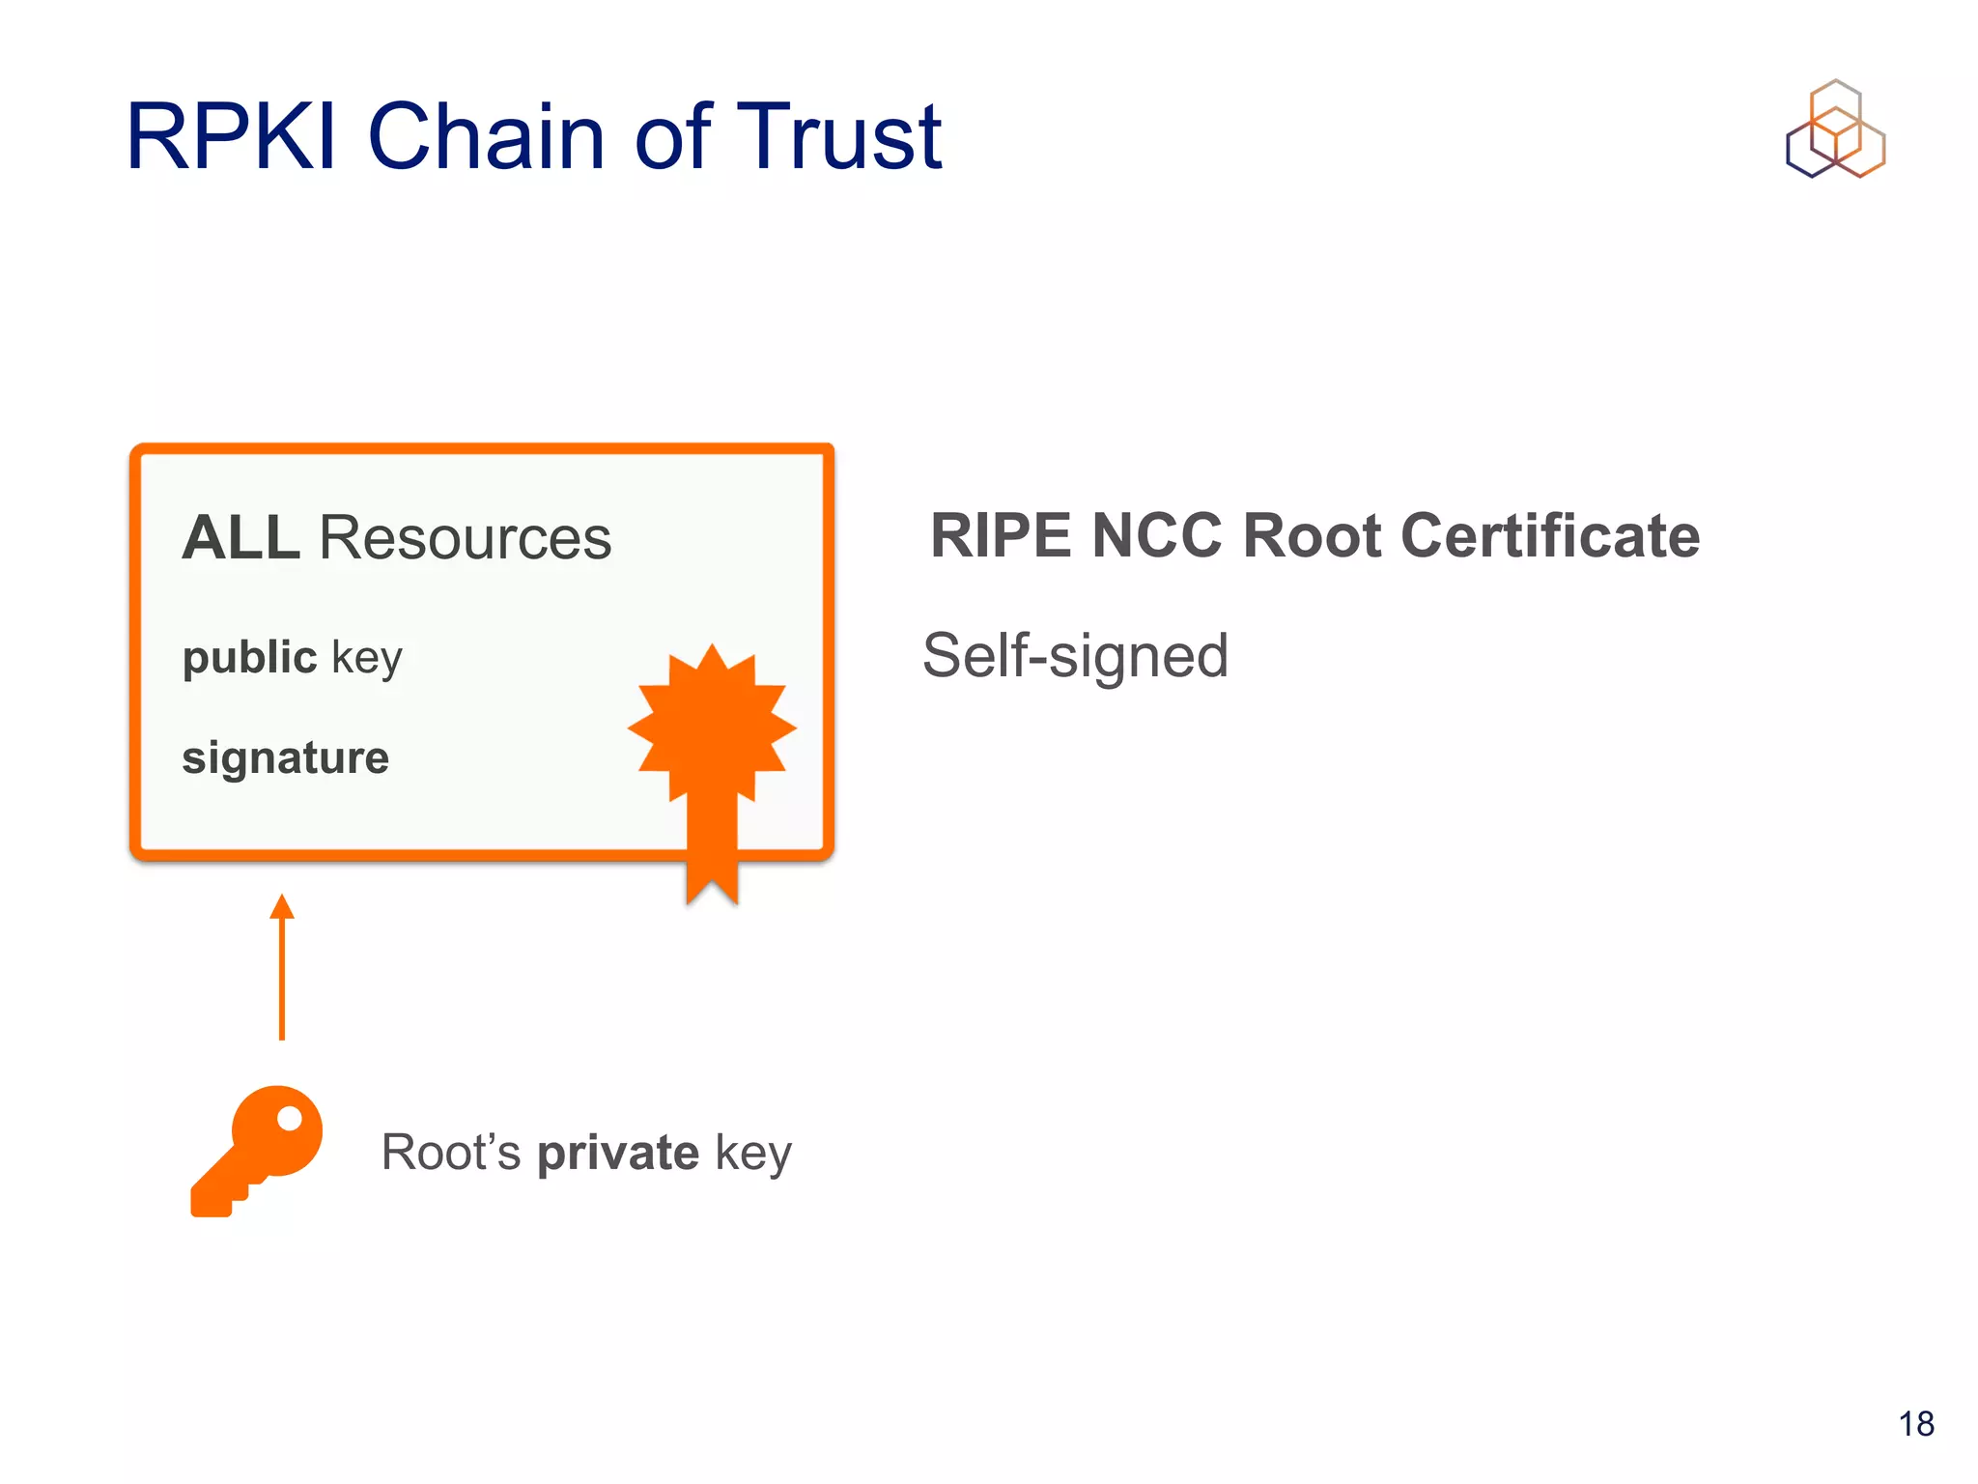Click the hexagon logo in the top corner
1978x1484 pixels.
[x=1835, y=129]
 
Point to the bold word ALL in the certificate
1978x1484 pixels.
[x=240, y=537]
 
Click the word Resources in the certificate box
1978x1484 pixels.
[x=465, y=537]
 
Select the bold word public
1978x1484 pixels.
[x=249, y=657]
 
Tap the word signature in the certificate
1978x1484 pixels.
[x=285, y=757]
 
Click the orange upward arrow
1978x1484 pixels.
[x=281, y=966]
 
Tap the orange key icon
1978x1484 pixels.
[x=256, y=1150]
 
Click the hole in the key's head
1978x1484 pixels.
[x=289, y=1119]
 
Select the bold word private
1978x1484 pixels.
[x=617, y=1153]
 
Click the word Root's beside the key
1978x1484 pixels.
[x=450, y=1153]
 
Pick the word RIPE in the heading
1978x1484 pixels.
[x=1001, y=535]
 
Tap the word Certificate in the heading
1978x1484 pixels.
[x=1549, y=535]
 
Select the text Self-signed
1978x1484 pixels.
[x=1075, y=656]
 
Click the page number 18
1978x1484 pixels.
[x=1915, y=1424]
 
